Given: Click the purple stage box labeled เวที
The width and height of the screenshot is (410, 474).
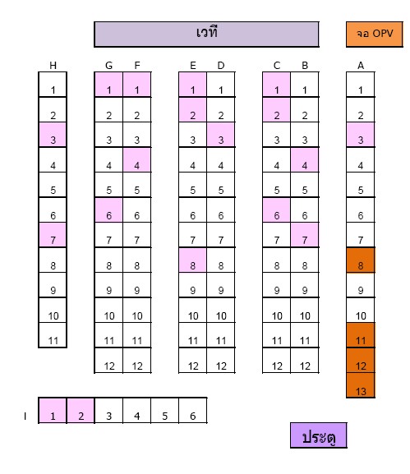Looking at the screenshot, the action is coord(206,35).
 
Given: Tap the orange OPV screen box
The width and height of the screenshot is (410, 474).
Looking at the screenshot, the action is coord(375,35).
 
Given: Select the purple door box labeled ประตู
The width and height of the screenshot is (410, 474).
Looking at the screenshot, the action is coord(318,435).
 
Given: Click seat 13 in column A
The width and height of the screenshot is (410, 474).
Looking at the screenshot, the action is coord(361,385).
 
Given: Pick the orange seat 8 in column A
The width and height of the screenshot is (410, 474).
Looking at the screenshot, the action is coord(361,260).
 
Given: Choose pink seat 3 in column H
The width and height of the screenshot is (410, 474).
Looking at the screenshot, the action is coord(53,135).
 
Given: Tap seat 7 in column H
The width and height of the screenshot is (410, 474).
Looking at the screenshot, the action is coord(53,235).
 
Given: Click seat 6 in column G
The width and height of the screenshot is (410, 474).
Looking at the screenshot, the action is coord(108,210).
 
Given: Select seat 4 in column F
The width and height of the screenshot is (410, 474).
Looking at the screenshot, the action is coord(137,160).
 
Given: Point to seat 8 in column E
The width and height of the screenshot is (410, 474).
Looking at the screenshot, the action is coord(192,260).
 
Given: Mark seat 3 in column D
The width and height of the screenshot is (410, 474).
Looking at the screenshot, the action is coord(221,135).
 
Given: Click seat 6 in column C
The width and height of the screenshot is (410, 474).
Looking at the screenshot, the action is coord(276,210).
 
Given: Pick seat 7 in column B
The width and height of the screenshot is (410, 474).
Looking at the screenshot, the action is coord(305,235).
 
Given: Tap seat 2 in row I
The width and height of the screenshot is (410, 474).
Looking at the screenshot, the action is coord(81,411).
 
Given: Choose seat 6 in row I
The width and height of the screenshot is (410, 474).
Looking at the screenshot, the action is coord(193,411).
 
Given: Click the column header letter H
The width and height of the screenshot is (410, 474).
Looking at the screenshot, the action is coord(53,65).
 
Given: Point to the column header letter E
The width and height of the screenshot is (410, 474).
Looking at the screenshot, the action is coord(193,65).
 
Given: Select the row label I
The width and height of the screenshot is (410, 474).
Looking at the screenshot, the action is coord(25,416).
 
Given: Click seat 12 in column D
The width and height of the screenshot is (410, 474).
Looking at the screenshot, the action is coord(221,361).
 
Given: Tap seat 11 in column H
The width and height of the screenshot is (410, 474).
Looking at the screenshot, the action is coord(53,335).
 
